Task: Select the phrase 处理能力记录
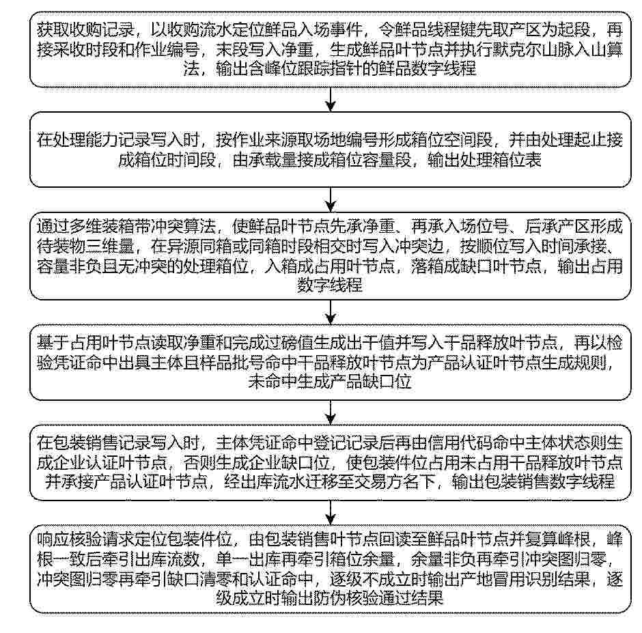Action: [102, 140]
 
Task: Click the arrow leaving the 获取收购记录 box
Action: [331, 100]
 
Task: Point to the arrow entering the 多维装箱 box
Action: [331, 200]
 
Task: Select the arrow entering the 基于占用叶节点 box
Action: [331, 312]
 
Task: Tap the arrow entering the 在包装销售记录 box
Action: [331, 412]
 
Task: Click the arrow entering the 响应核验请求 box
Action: [331, 513]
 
